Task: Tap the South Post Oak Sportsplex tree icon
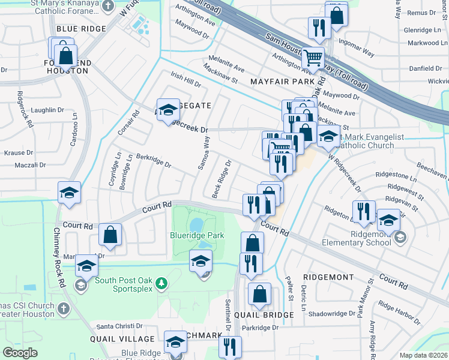(x=160, y=283)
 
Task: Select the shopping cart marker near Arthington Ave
(x=313, y=59)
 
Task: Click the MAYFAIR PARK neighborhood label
(x=283, y=81)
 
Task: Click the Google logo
(x=20, y=352)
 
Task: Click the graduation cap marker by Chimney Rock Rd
(x=69, y=193)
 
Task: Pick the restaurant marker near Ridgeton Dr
(x=364, y=212)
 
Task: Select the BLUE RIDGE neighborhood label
(x=81, y=29)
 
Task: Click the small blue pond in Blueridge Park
(x=194, y=224)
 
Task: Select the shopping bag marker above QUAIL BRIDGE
(x=259, y=295)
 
